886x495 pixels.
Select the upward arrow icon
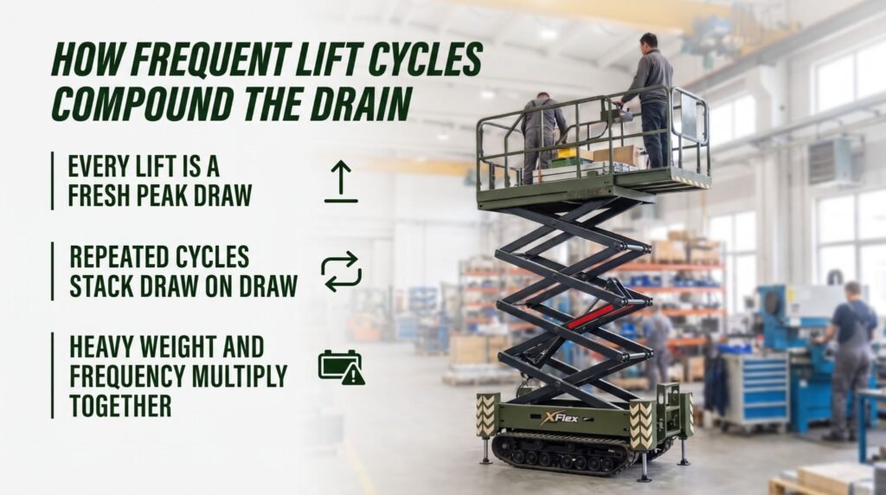pos(341,182)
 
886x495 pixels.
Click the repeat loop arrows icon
pos(341,272)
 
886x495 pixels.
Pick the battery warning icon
pos(342,367)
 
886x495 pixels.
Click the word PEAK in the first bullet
pos(161,196)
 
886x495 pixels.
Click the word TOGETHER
pos(120,406)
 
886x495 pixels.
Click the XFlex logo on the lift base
pos(560,418)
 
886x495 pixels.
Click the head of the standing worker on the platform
pos(648,42)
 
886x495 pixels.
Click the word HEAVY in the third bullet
pos(101,347)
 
